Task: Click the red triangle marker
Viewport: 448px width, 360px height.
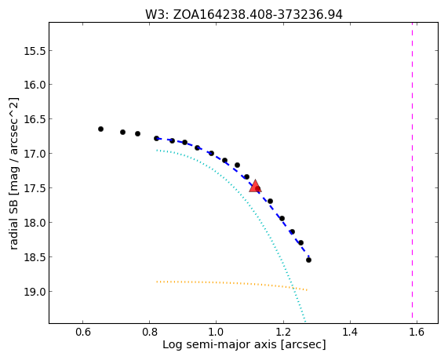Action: tap(255, 187)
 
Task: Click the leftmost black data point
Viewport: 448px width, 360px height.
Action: tap(100, 129)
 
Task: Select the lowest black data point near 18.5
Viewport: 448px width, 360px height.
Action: tap(308, 260)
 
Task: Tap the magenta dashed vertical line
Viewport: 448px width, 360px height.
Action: tap(412, 170)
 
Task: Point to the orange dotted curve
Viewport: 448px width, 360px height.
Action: tap(232, 283)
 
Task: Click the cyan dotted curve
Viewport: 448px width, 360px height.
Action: tap(249, 201)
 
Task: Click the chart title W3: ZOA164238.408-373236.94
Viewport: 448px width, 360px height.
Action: tap(244, 15)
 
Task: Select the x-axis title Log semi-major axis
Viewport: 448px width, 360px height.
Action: tap(244, 344)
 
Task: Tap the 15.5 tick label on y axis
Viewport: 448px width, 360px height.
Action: tap(35, 51)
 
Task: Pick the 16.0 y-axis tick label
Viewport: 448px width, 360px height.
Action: tap(35, 85)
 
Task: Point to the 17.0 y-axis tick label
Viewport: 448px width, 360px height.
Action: tap(35, 154)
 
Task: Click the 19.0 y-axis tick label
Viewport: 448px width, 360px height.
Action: tap(35, 292)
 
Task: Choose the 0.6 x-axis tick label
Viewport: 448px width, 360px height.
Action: tap(83, 333)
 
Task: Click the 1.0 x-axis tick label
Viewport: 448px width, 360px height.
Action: tap(217, 333)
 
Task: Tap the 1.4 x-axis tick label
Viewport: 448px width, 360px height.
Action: tap(350, 333)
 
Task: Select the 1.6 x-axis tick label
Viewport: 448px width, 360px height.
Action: tap(417, 333)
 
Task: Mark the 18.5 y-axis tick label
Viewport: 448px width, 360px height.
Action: tap(35, 257)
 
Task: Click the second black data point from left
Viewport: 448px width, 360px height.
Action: tap(123, 132)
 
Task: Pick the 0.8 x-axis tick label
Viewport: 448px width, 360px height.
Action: tap(149, 333)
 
